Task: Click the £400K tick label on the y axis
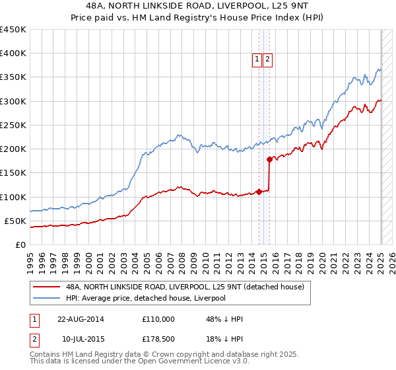(x=13, y=54)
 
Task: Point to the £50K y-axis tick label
(x=15, y=221)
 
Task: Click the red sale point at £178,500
(x=269, y=159)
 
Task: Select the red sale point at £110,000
(x=259, y=192)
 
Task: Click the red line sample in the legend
(x=47, y=287)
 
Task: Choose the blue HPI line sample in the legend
(x=47, y=299)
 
